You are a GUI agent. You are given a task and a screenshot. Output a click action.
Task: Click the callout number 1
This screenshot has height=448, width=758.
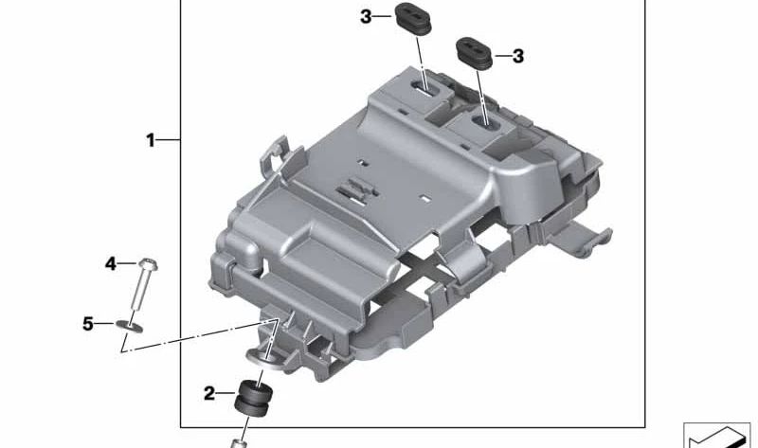click(151, 140)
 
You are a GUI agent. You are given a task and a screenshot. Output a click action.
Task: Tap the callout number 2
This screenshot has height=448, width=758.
click(208, 393)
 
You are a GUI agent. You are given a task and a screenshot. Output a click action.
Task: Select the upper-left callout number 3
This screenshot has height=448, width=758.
click(366, 17)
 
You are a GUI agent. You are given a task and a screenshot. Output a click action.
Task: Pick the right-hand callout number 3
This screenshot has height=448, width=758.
click(517, 57)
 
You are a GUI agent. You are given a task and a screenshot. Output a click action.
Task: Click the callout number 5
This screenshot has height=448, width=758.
click(87, 323)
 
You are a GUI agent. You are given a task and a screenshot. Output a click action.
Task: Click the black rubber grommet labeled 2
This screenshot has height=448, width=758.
click(253, 398)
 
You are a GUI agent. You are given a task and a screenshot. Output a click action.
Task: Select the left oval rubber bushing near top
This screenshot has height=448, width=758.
click(413, 19)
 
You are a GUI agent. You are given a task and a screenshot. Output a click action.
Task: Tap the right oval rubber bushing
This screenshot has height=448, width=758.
click(475, 53)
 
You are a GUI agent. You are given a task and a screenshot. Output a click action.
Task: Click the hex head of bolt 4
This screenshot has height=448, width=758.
click(148, 264)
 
